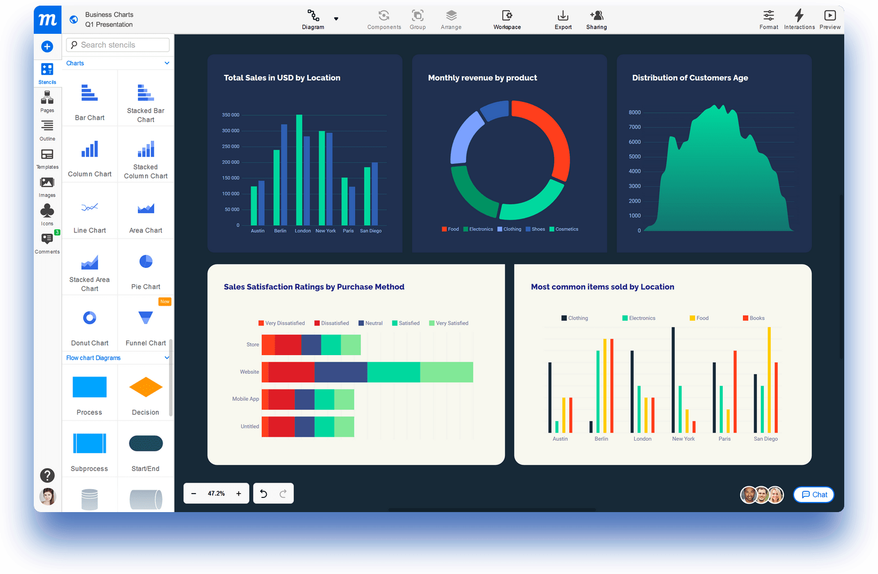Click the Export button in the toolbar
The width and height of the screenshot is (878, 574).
pos(563,20)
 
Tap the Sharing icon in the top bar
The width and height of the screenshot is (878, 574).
pos(597,20)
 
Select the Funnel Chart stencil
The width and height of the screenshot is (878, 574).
pos(146,324)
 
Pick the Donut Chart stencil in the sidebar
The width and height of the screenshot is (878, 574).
pos(89,324)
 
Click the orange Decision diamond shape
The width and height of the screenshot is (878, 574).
pos(146,387)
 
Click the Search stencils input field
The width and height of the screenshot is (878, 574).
pos(118,45)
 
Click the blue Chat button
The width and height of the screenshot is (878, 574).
pos(814,495)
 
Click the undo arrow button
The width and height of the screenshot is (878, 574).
pos(263,494)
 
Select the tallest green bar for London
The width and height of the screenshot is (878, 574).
pos(299,169)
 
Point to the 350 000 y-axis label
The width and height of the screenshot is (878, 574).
pos(231,115)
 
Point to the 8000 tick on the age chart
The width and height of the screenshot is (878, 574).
pos(634,113)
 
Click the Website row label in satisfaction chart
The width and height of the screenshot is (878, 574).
pos(249,372)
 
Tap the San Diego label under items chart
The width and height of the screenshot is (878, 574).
pos(765,439)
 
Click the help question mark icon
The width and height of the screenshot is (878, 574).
pos(47,476)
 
